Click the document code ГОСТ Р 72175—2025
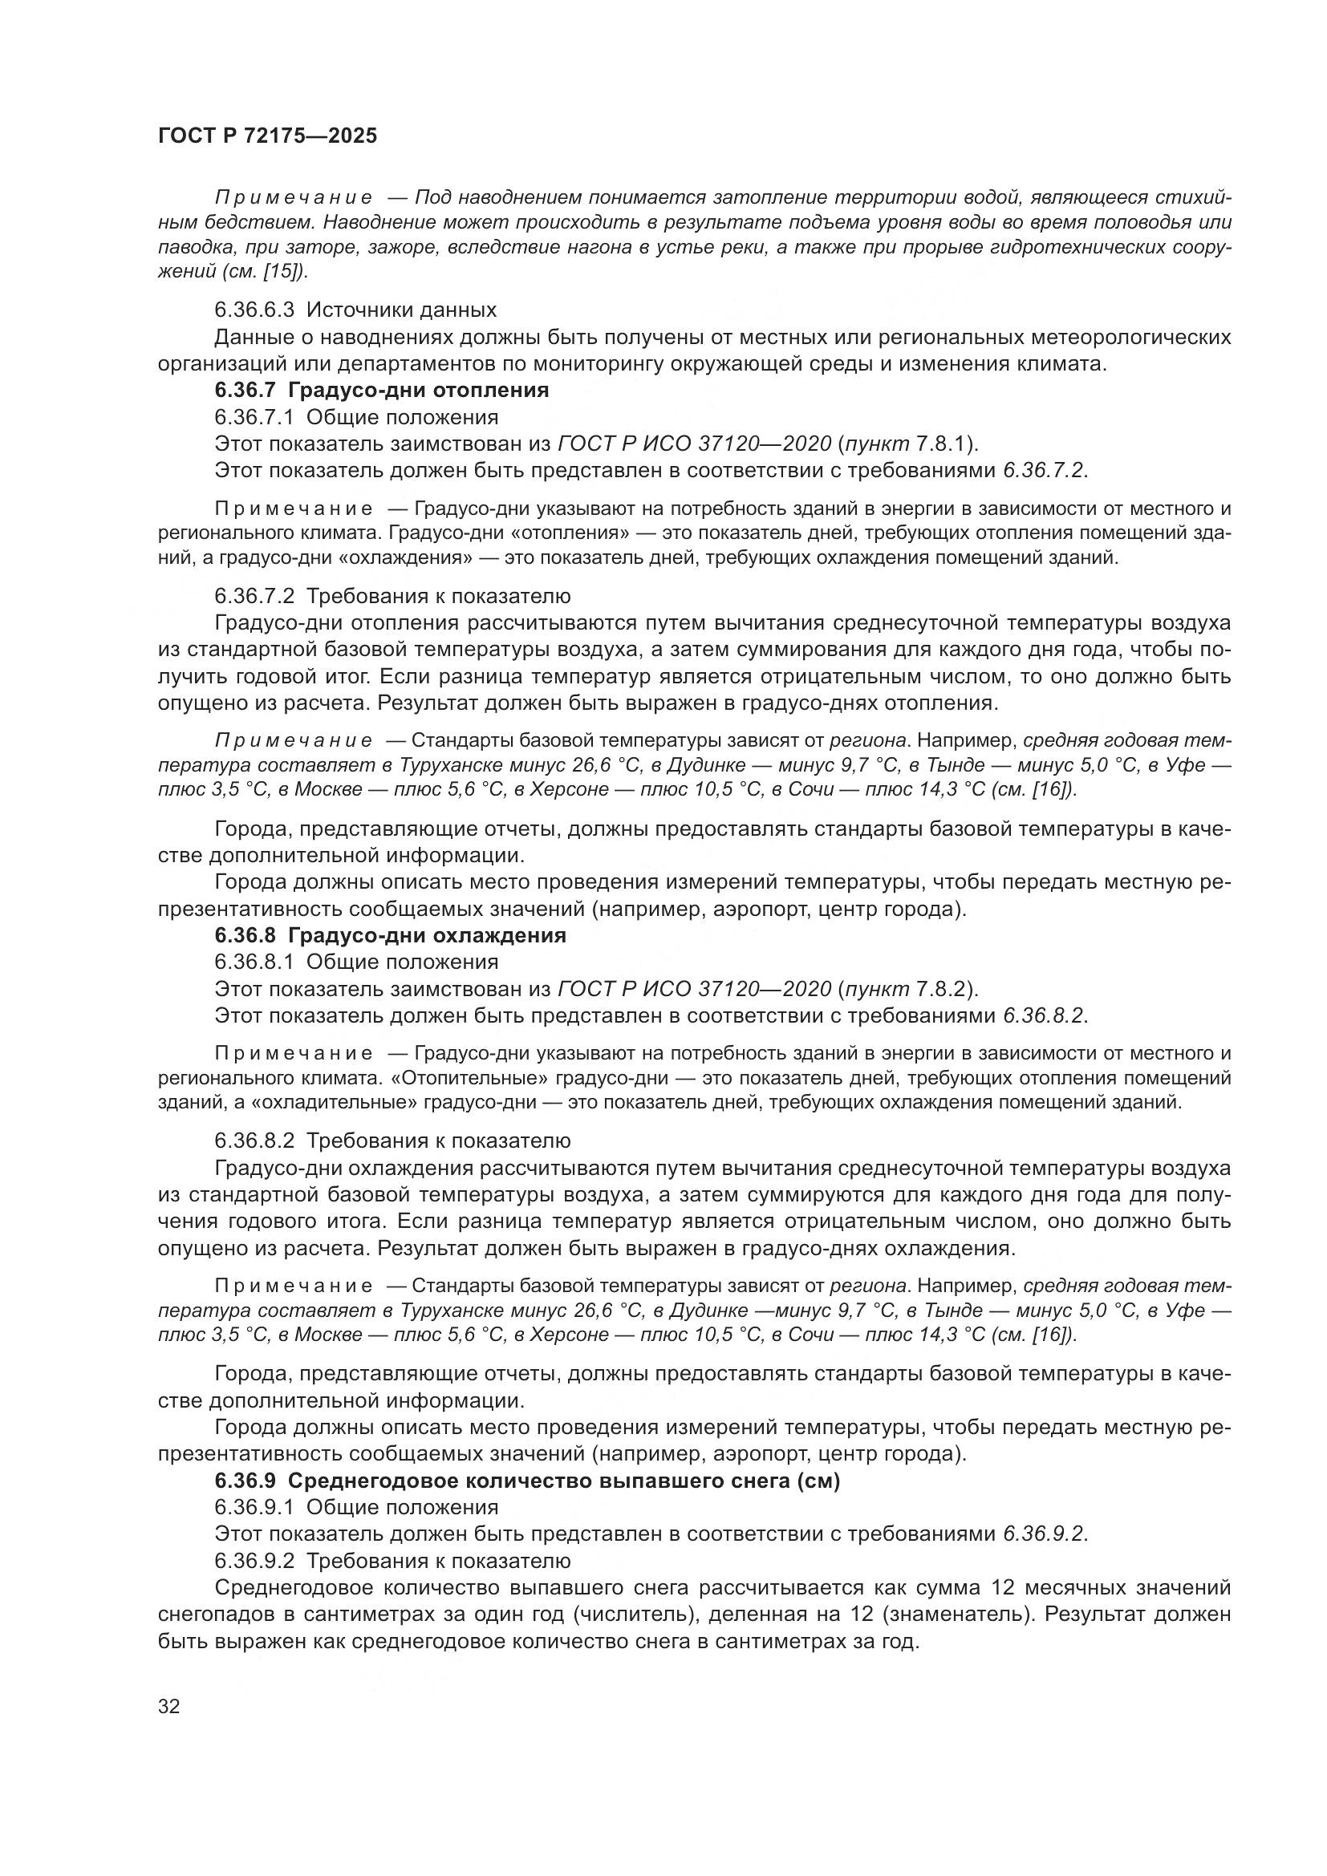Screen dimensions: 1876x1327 (267, 136)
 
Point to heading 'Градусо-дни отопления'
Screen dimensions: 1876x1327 (418, 391)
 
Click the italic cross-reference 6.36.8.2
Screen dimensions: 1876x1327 (1045, 1016)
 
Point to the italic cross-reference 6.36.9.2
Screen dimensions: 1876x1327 (1045, 1534)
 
